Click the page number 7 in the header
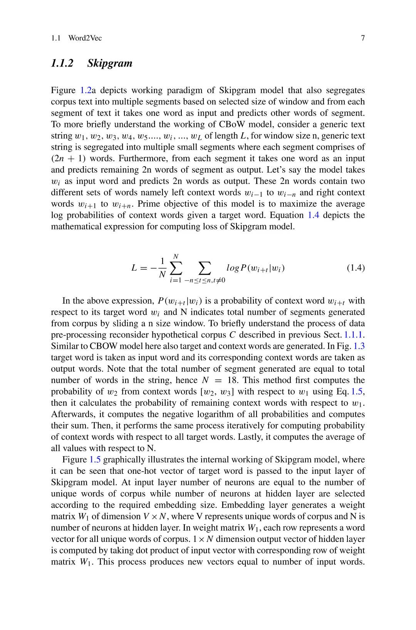coord(362,38)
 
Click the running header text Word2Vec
coord(85,38)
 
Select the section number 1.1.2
coord(62,63)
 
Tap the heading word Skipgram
coord(110,63)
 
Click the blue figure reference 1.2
coord(86,90)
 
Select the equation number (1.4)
coord(355,268)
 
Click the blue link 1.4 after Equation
coord(313,215)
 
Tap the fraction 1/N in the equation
coord(163,268)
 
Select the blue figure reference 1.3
coord(359,346)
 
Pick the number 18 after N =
coord(232,380)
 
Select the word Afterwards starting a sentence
coord(73,414)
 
